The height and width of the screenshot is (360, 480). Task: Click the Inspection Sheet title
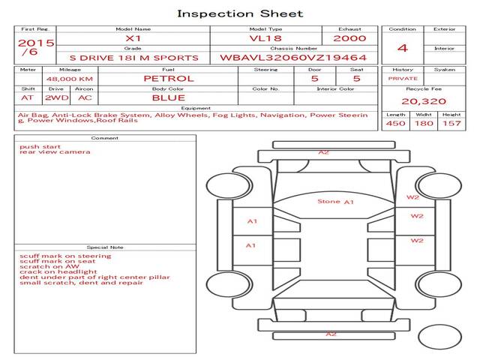(x=240, y=13)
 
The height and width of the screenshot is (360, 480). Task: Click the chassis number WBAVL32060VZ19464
(x=293, y=58)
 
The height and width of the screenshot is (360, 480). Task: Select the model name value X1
(x=133, y=38)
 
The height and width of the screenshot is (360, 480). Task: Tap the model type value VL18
(x=265, y=38)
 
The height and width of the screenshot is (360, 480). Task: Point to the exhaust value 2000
(x=349, y=38)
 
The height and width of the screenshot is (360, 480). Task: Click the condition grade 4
(x=403, y=48)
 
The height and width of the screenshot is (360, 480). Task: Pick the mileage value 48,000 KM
(x=70, y=79)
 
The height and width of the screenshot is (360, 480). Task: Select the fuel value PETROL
(x=169, y=78)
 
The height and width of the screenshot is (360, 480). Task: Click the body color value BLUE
(x=169, y=97)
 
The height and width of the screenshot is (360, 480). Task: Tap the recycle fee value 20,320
(x=424, y=101)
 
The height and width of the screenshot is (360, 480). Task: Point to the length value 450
(x=395, y=123)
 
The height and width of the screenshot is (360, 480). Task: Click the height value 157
(x=451, y=123)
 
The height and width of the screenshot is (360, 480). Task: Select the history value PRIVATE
(x=403, y=78)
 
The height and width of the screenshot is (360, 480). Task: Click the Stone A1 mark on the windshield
(x=335, y=202)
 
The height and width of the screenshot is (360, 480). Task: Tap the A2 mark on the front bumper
(x=323, y=152)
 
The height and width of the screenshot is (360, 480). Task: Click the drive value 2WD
(x=57, y=97)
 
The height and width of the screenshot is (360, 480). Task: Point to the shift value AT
(x=27, y=98)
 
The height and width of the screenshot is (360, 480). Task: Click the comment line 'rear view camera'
(x=55, y=151)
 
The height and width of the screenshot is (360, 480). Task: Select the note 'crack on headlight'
(x=58, y=271)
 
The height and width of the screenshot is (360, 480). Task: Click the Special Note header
(x=105, y=247)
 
